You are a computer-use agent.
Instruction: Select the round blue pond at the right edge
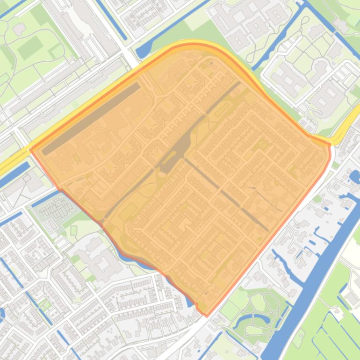[354, 177]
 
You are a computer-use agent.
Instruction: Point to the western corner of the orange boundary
[31, 150]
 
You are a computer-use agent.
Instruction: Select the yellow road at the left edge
[9, 161]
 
